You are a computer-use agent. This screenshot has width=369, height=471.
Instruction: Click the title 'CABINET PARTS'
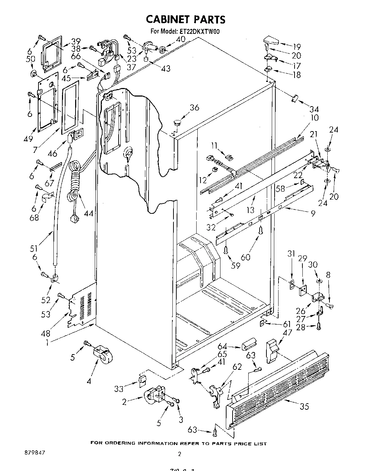click(x=186, y=19)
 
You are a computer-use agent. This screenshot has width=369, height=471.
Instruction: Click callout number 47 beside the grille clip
click(x=287, y=332)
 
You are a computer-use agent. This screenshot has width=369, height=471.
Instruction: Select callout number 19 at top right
click(x=296, y=46)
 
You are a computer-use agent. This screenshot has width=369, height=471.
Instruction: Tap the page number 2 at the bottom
click(x=180, y=454)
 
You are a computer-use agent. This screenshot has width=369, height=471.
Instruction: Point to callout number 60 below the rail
click(x=246, y=257)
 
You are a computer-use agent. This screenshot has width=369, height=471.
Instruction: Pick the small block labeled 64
click(x=248, y=346)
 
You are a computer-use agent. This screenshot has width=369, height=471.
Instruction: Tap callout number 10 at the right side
click(x=315, y=118)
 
